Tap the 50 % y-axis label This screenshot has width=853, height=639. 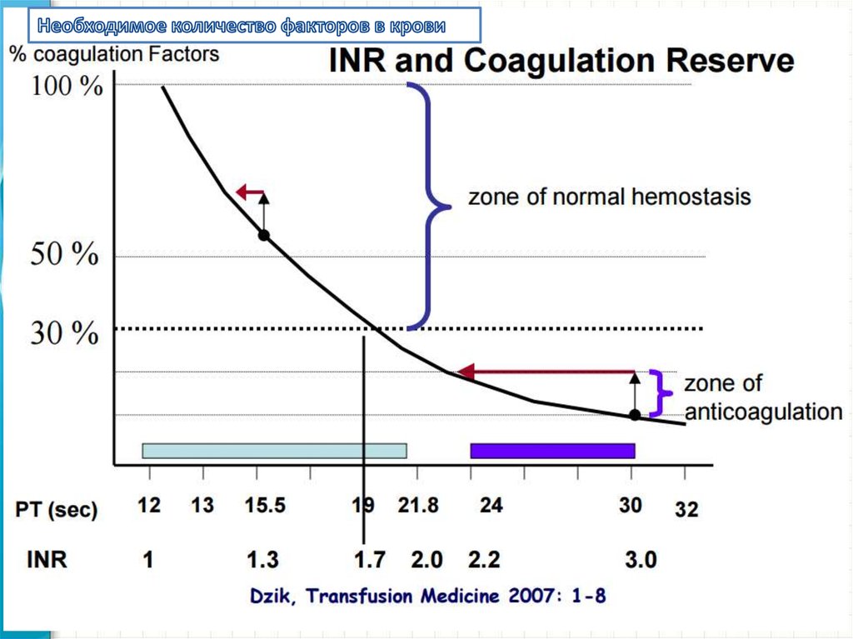point(65,255)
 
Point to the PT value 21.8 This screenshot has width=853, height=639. point(418,506)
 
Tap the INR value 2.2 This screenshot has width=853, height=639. point(484,559)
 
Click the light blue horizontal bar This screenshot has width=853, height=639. point(274,451)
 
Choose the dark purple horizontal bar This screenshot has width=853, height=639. point(552,451)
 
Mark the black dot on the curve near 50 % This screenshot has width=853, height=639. point(263,236)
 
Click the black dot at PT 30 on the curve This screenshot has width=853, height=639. point(635,414)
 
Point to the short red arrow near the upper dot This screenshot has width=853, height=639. point(248,193)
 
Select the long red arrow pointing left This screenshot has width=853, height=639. point(546,372)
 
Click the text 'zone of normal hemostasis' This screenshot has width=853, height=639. point(609,197)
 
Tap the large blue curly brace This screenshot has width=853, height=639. point(430,204)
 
